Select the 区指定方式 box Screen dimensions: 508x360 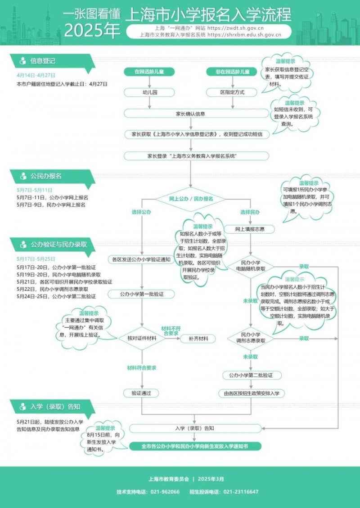coord(232,93)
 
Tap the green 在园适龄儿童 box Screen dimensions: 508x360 coord(149,72)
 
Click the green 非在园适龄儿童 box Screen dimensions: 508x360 coord(232,72)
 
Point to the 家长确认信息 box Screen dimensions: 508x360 coord(190,113)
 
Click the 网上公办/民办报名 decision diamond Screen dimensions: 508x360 coord(190,198)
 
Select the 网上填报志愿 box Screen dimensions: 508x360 coord(249,229)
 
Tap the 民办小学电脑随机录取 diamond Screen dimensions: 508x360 coord(251,266)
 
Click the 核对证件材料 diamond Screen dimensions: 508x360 coord(142,338)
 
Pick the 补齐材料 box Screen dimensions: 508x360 coord(198,339)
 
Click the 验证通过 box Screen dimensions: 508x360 coord(141,393)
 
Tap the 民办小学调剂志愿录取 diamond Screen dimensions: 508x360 coord(251,338)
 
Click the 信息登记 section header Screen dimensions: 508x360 coord(43,61)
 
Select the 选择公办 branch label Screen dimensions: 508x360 coord(141,212)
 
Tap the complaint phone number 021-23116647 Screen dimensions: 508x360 coord(241,491)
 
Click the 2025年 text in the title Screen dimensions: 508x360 coord(92,31)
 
